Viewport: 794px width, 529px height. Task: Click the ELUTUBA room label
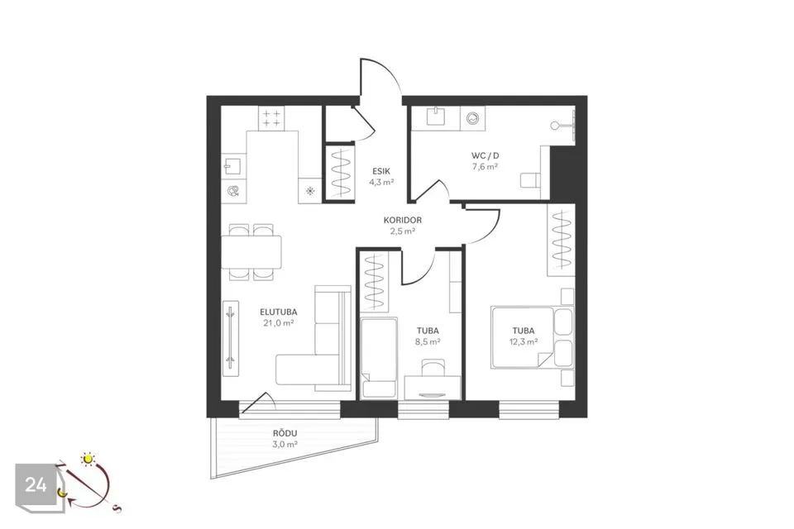[x=279, y=312]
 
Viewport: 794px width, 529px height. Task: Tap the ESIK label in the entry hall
[x=381, y=172]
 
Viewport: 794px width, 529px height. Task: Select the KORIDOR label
[x=403, y=220]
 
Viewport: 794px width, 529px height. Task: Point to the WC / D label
[x=485, y=156]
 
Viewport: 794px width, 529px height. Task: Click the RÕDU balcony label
[x=285, y=433]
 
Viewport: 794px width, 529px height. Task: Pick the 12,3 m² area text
[x=524, y=341]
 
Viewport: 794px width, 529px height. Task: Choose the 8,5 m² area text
[x=428, y=341]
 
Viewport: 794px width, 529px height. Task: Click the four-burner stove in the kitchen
[x=271, y=118]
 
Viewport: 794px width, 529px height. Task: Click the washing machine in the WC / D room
[x=473, y=119]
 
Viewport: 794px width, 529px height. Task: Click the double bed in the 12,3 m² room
[x=522, y=336]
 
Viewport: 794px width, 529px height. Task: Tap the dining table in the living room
[x=251, y=252]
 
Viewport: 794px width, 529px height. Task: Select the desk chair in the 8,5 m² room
[x=433, y=368]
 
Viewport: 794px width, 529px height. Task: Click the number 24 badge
[x=36, y=485]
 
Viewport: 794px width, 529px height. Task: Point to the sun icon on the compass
[x=88, y=459]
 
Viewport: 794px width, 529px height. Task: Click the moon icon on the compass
[x=62, y=492]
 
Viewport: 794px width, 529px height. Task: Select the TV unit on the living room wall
[x=231, y=339]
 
